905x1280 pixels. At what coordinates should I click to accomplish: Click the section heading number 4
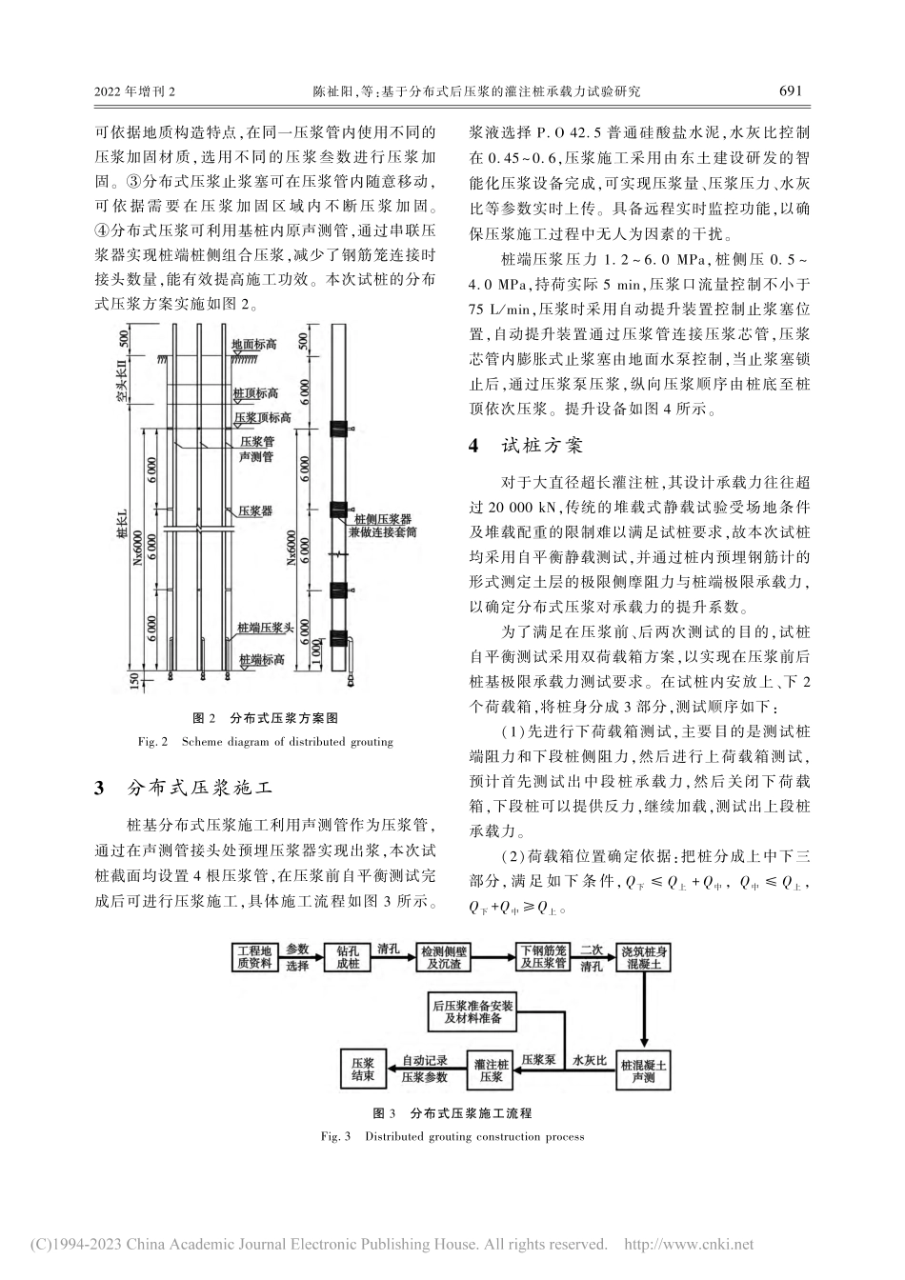473,446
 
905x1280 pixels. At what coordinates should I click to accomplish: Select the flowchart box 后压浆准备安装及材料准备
473,1010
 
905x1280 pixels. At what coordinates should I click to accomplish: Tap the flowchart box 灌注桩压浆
491,1070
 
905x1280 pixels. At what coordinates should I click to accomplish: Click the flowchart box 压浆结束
363,1070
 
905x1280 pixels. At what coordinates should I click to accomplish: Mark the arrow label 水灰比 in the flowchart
589,1059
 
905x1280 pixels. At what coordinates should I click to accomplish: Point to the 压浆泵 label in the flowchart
538,1059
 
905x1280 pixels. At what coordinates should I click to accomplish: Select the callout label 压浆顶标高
263,417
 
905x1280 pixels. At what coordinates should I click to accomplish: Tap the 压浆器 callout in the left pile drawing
255,510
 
